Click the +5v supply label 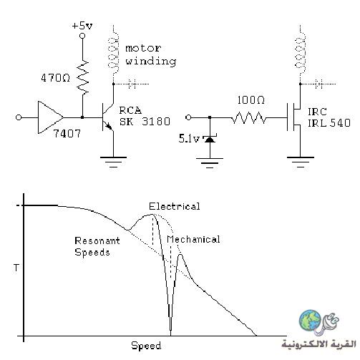pos(82,26)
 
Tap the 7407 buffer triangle pos(51,117)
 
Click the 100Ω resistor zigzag pos(248,117)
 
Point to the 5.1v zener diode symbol pos(210,139)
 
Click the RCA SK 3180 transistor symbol pos(108,117)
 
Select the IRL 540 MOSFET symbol pos(294,117)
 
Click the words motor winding pos(151,55)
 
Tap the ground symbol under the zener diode pos(210,163)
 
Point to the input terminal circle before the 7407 pos(19,117)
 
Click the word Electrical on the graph pos(175,206)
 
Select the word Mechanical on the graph pos(193,239)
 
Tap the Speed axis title pos(146,346)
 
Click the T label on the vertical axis pos(16,268)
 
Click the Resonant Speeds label pos(97,246)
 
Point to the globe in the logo pos(310,320)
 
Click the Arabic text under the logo pos(318,344)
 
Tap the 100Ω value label pos(250,99)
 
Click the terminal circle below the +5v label pos(82,36)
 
